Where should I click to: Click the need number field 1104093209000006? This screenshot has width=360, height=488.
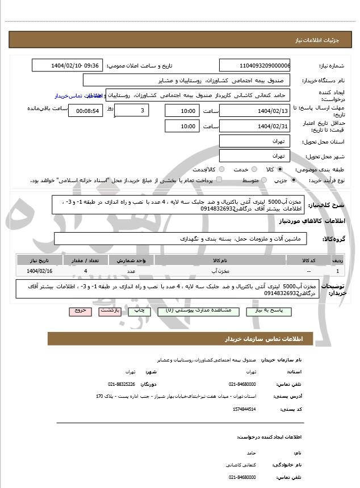254,66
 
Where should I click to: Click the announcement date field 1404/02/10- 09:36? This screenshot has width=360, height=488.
67,66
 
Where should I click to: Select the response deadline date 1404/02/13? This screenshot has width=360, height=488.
254,111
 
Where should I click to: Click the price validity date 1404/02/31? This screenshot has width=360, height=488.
254,126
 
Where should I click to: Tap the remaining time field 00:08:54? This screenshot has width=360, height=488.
85,111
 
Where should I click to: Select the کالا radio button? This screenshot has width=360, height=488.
280,169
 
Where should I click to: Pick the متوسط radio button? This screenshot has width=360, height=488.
263,180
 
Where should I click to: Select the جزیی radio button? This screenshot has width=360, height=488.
293,180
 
